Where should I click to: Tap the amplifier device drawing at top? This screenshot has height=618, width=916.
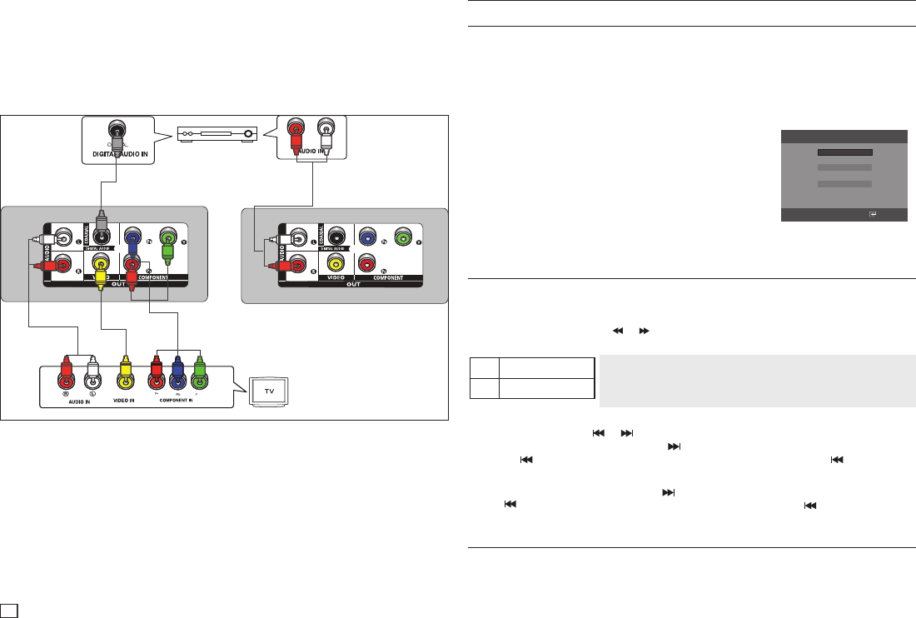[x=217, y=132]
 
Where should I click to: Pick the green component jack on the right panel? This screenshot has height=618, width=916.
[x=404, y=236]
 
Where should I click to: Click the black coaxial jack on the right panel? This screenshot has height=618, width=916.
[x=336, y=236]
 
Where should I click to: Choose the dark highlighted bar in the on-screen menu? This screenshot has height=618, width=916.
[x=844, y=153]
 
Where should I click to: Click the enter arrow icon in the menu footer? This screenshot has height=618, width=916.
[x=872, y=214]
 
